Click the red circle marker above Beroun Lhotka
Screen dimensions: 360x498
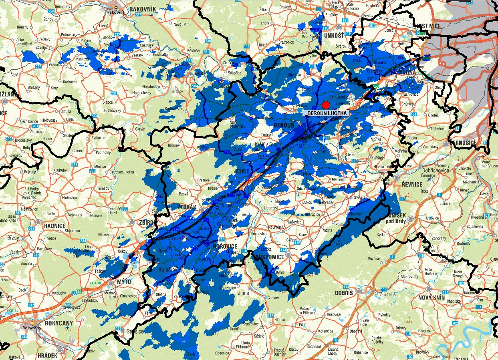click(x=326, y=105)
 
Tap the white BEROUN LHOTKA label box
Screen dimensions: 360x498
click(x=326, y=113)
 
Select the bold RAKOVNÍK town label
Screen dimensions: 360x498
click(x=142, y=8)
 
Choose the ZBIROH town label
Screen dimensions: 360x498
click(x=147, y=222)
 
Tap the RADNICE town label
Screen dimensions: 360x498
click(x=54, y=226)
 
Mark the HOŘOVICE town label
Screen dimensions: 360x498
click(x=225, y=246)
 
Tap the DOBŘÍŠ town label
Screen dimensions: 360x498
click(x=344, y=293)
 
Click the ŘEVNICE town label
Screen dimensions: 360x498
click(x=412, y=184)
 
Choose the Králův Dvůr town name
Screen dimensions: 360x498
click(x=266, y=145)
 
